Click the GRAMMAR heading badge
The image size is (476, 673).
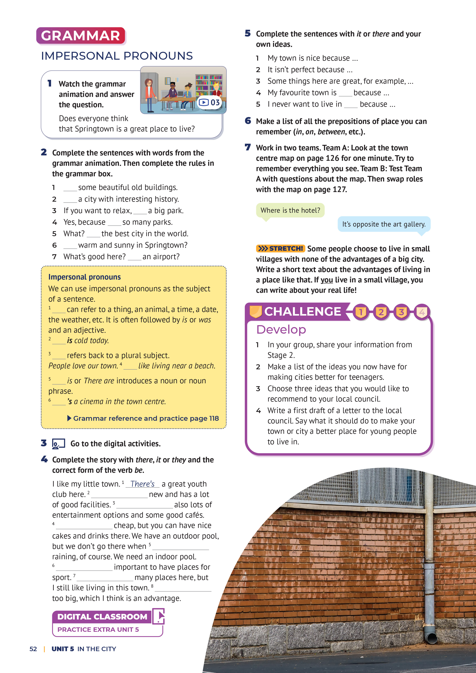coord(81,36)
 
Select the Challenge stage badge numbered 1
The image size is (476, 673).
coord(361,312)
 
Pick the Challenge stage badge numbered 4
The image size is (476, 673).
coord(422,312)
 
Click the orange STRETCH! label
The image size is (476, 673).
coord(280,249)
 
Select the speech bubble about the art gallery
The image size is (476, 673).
coord(384,224)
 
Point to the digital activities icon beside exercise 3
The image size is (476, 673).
coord(58,444)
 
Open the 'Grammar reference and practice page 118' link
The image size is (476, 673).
coord(146,418)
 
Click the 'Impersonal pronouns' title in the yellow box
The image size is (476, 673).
coord(84,277)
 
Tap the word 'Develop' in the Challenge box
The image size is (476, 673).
coord(281,329)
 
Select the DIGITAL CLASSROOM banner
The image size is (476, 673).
coord(102,617)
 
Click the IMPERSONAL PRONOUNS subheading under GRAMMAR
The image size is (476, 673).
coord(117,56)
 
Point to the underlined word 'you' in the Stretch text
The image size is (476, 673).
coord(326,280)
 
